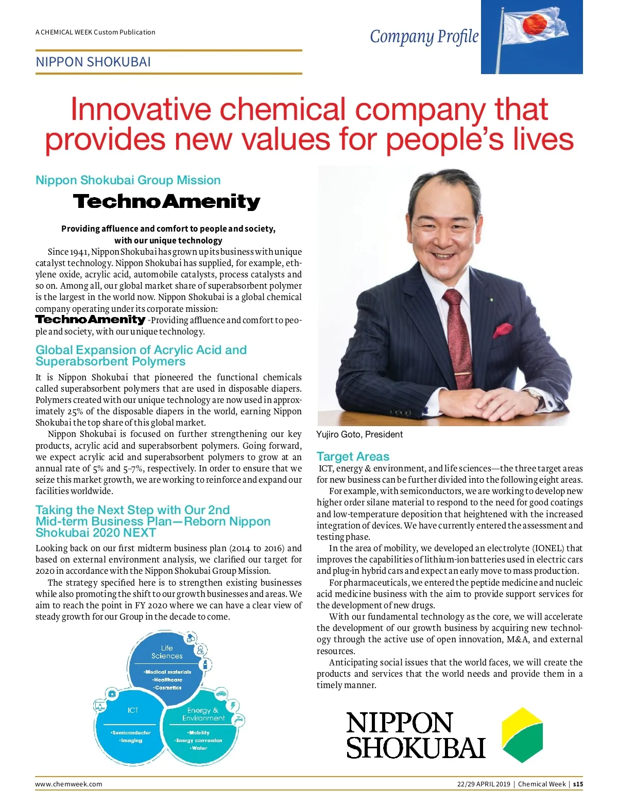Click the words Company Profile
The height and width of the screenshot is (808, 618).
tap(424, 37)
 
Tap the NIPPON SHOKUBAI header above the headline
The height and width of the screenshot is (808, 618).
tap(93, 62)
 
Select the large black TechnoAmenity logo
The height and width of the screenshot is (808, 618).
tap(166, 201)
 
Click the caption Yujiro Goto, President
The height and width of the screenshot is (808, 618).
tap(359, 434)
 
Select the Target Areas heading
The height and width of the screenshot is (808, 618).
tap(353, 456)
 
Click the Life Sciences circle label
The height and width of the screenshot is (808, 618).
tap(167, 652)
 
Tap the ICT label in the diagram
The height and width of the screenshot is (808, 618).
tap(133, 710)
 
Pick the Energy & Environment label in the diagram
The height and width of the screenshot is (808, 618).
tap(203, 714)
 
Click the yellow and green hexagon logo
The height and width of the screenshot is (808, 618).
tap(522, 734)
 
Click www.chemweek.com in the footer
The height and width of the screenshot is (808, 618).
tap(68, 784)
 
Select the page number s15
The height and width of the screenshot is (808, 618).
tap(578, 784)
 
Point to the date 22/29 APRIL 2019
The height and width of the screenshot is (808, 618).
tap(483, 784)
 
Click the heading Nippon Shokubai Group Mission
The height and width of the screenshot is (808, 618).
tap(128, 180)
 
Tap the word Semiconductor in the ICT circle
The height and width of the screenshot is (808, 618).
tap(131, 732)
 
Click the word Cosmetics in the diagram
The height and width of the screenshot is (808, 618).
tap(168, 688)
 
